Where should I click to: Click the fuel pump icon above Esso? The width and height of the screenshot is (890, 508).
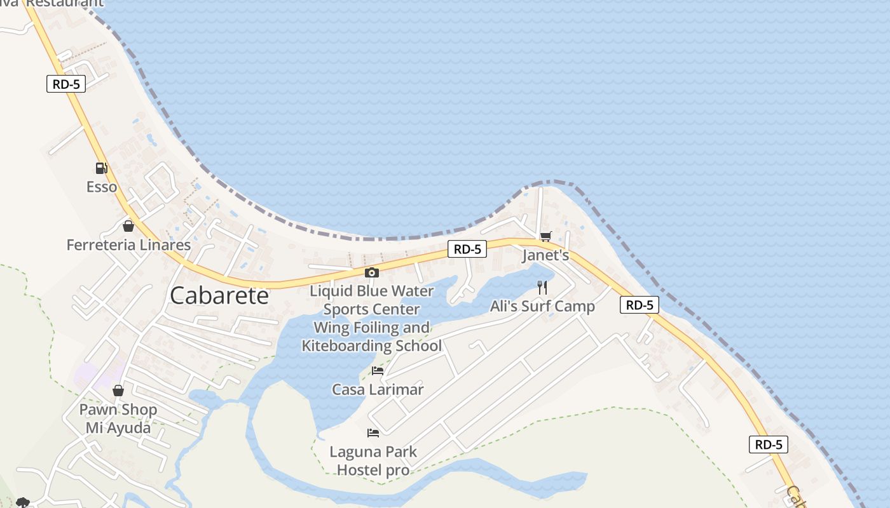point(101,168)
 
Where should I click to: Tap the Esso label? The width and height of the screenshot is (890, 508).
point(102,187)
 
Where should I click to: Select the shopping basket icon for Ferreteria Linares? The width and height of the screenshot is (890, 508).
point(128,226)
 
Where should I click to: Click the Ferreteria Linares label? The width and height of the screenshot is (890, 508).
point(128,245)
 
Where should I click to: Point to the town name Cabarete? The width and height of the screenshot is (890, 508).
point(219,296)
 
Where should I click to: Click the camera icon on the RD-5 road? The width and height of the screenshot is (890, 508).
point(372,273)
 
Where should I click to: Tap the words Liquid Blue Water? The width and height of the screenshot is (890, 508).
point(372,291)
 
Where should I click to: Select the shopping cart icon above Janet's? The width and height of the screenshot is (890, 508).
point(545,237)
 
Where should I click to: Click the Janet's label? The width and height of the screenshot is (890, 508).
point(545,255)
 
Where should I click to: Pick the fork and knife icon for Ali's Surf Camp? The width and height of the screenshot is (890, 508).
point(542,288)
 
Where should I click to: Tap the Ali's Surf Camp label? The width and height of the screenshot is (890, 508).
point(542,307)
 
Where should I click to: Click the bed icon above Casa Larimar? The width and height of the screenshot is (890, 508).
point(378,371)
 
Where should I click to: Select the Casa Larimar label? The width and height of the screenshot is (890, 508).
point(378,389)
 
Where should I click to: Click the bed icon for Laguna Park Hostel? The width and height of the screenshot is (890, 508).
point(373,433)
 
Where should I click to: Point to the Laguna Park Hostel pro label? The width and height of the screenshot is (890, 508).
point(373,461)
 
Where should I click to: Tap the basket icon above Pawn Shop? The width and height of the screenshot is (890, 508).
point(118,391)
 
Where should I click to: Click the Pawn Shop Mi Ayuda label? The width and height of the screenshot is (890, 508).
point(118,418)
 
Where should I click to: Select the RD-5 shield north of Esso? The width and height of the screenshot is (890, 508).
point(66,84)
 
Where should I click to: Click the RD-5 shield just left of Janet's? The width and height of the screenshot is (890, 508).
point(467,250)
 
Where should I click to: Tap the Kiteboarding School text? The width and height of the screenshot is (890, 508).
point(372,346)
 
